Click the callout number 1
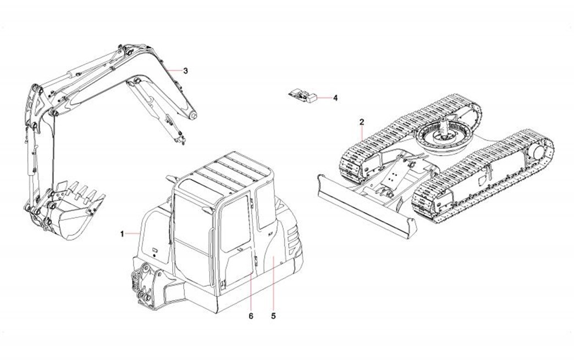click(x=123, y=234)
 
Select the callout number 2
click(x=361, y=121)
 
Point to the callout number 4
click(x=335, y=98)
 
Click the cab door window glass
click(x=234, y=220)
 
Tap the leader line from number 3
click(x=175, y=70)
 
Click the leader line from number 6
click(x=251, y=291)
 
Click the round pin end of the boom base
click(x=194, y=117)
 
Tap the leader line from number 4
click(x=325, y=98)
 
